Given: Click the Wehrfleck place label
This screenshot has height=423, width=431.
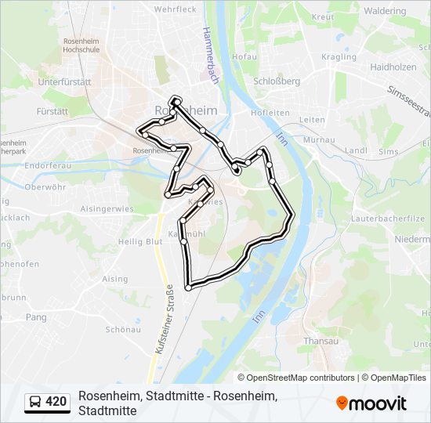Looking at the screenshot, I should pyautogui.click(x=175, y=9).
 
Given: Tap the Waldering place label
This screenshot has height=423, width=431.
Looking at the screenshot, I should pyautogui.click(x=385, y=11).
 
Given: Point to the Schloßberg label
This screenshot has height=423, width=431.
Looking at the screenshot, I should pyautogui.click(x=277, y=81).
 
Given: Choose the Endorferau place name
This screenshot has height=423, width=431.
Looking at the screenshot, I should pyautogui.click(x=49, y=167).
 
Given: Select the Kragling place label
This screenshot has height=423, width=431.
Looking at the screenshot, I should pyautogui.click(x=339, y=57).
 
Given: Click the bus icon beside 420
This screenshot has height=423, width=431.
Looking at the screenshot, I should pyautogui.click(x=35, y=403).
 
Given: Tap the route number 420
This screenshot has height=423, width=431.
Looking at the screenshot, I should pyautogui.click(x=56, y=403).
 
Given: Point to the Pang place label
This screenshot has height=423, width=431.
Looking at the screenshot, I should pyautogui.click(x=36, y=317).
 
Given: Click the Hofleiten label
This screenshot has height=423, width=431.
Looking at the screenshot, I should pyautogui.click(x=270, y=113).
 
